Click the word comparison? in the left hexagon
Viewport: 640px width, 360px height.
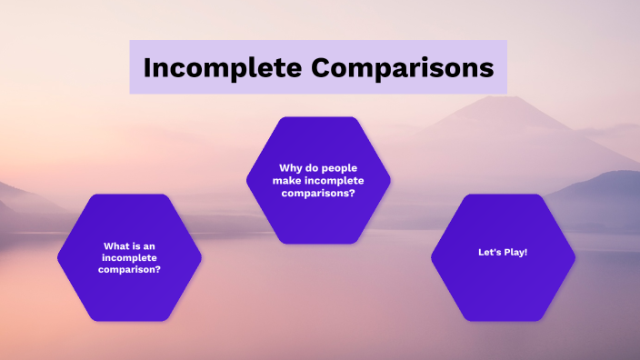tap(129, 269)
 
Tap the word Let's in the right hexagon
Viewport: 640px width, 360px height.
tap(490, 252)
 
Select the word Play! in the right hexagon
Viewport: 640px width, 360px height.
tap(515, 252)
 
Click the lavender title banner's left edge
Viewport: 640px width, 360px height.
tap(131, 67)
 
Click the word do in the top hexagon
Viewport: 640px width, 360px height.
tap(313, 168)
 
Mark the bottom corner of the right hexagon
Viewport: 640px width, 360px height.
tap(503, 320)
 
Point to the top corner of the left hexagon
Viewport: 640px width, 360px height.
tap(129, 195)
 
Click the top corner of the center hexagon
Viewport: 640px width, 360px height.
tap(318, 117)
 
